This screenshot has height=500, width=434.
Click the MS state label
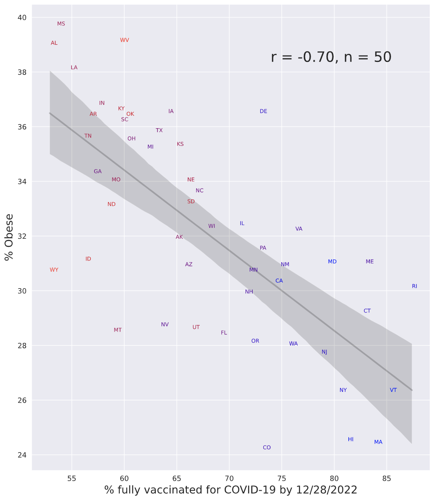pos(61,24)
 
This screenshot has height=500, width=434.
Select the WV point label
pos(125,40)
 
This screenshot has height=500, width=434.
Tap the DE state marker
pos(263,111)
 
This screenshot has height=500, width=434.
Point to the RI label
pos(414,286)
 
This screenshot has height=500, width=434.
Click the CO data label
pos(267,447)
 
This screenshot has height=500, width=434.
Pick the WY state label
pos(54,270)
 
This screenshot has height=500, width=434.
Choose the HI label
pos(351,439)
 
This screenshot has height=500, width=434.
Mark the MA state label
pos(378,442)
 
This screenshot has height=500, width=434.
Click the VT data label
pos(393,390)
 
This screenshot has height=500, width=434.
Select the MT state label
pos(118,330)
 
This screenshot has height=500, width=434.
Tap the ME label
pos(370,262)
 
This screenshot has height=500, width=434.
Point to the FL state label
pos(224,333)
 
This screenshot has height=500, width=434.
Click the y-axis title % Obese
pos(9,237)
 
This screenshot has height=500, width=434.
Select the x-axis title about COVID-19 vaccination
pos(231,490)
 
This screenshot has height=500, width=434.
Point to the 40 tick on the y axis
pos(22,18)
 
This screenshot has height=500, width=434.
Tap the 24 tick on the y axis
pos(22,455)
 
